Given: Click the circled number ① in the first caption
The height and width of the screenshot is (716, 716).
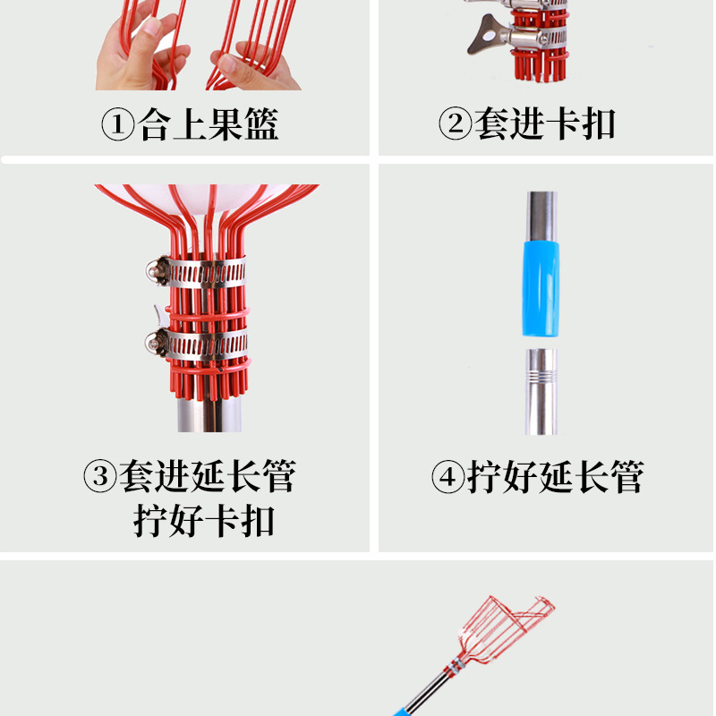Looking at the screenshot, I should pos(117,125).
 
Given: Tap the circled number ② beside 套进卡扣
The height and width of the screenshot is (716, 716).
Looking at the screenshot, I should pos(455,124).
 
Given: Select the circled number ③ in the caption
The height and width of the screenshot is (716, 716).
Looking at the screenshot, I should pos(100,476).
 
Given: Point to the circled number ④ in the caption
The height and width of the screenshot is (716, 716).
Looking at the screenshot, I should pos(447,477).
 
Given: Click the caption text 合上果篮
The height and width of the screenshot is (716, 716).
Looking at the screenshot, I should pos(209,125).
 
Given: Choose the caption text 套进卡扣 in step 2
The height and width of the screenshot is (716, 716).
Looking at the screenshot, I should pos(545,124).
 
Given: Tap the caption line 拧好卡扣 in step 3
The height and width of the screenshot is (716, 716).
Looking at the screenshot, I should pos(205,521).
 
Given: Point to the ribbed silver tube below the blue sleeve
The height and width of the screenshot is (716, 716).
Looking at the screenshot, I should pos(541,391).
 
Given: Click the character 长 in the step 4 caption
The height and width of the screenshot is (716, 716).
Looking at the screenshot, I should pos(591,477).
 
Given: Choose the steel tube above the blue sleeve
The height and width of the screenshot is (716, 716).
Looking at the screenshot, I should pos(541,212).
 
